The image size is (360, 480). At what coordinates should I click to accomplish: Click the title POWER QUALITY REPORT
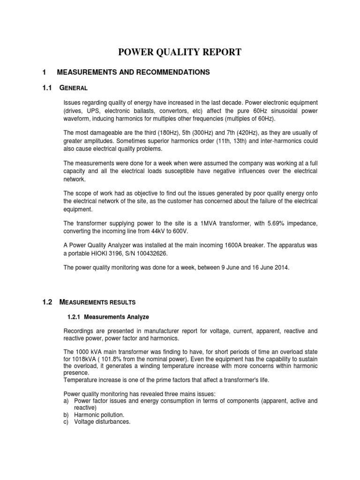pyautogui.click(x=180, y=52)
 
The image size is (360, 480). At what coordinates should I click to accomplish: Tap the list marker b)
pyautogui.click(x=67, y=415)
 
